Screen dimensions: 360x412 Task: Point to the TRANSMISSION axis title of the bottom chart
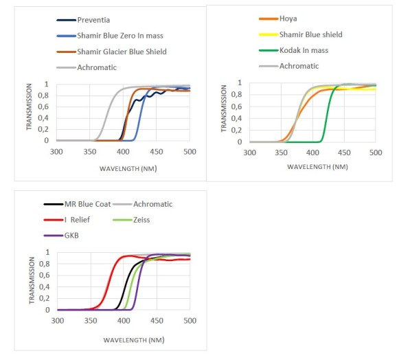32,281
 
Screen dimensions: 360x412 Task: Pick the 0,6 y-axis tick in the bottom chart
47,275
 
